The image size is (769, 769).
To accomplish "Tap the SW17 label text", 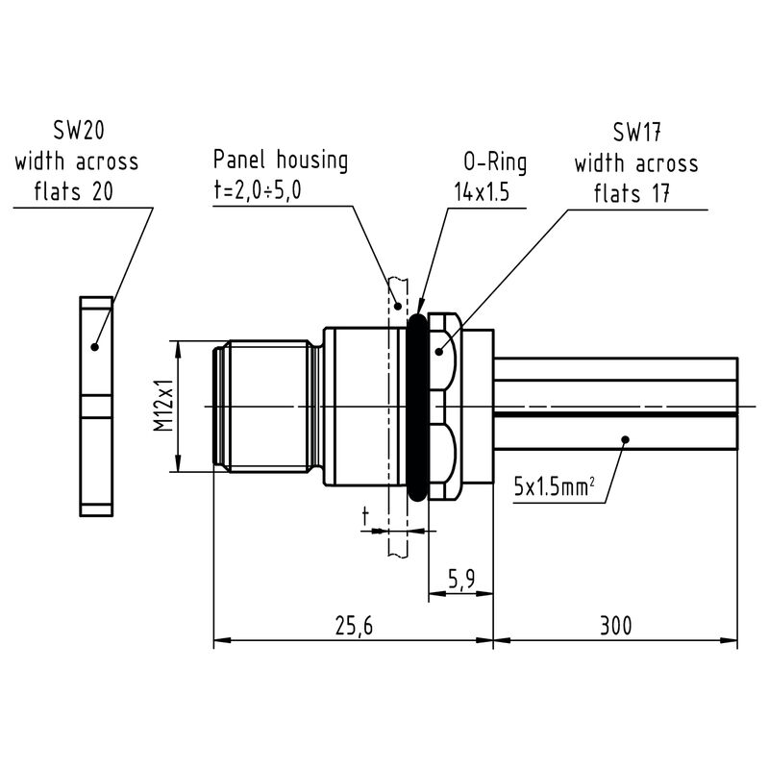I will [636, 133].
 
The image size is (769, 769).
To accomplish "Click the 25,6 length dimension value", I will [353, 627].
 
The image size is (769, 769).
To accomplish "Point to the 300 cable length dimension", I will [615, 627].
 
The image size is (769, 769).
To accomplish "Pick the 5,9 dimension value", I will [461, 579].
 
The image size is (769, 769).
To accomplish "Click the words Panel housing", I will [281, 160].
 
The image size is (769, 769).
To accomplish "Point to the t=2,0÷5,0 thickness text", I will [258, 190].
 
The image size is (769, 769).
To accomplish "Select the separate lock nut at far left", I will [95, 406].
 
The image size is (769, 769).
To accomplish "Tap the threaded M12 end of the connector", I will [264, 406].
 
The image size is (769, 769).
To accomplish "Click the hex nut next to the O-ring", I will [442, 406].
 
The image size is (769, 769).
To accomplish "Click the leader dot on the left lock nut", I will [94, 346].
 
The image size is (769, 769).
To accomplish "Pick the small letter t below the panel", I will [365, 517].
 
